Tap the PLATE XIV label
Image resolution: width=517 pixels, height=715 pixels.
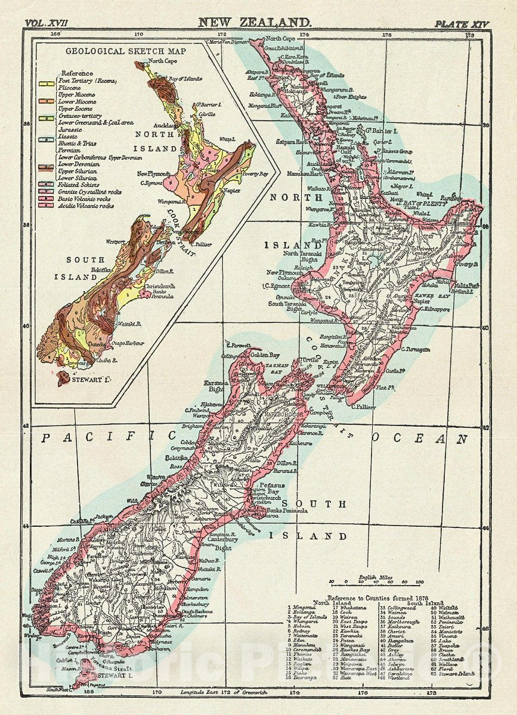point(461,24)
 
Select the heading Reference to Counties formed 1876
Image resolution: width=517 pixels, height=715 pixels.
point(382,596)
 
